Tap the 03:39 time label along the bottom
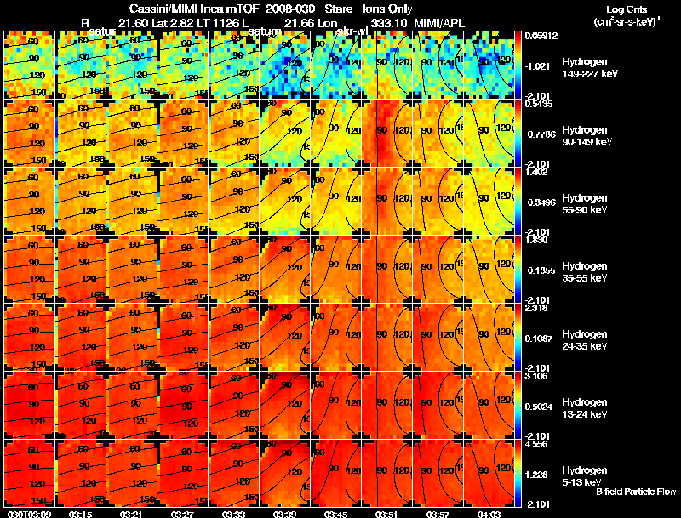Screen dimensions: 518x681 (x=285, y=513)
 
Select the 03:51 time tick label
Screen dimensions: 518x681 (x=387, y=513)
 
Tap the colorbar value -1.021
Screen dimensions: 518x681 (x=541, y=65)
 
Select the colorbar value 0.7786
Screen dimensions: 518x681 (x=541, y=134)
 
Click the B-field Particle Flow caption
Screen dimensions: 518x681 (x=636, y=492)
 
